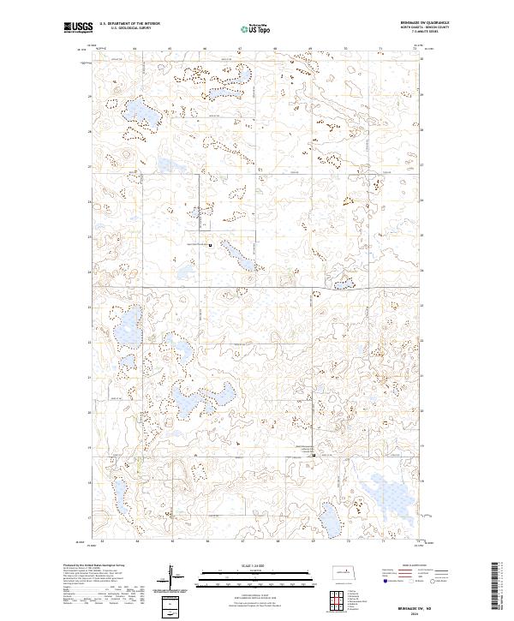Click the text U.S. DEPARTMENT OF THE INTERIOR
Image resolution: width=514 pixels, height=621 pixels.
(129, 24)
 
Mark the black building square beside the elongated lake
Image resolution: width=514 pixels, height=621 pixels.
(211, 245)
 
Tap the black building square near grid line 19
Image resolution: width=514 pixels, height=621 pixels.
(313, 455)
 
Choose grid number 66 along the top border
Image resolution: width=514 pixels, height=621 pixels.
(206, 49)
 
